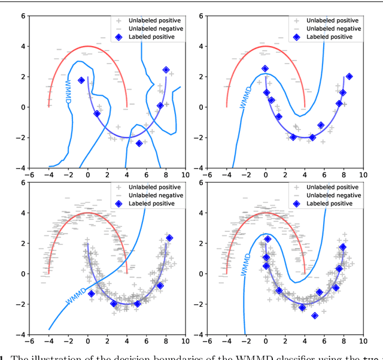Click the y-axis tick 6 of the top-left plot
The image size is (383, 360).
23,16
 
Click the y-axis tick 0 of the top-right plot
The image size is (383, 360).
201,107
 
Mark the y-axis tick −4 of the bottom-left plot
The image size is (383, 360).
20,334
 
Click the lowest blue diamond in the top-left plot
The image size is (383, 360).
139,143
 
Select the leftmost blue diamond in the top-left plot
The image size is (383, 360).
81,80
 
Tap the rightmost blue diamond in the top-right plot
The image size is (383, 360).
349,77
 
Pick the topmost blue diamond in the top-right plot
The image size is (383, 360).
265,69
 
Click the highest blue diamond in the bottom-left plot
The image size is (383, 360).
169,238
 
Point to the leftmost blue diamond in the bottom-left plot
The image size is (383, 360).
92,294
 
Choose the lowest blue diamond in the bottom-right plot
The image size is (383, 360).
315,316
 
